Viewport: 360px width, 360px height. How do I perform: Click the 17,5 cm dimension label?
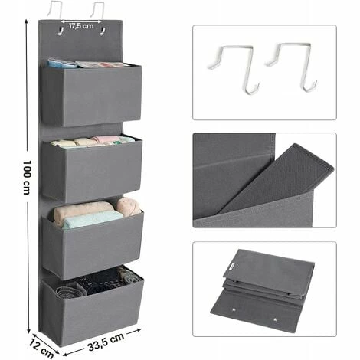[x=81, y=26]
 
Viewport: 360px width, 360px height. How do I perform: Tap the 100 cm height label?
[x=27, y=178]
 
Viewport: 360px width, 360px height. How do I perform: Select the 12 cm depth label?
[x=41, y=348]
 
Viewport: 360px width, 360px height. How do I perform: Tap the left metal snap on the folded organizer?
[x=234, y=310]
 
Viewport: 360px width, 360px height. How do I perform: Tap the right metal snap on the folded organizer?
[x=275, y=319]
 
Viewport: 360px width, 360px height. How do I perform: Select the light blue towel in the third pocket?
[x=93, y=219]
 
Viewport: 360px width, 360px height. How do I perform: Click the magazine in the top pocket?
[x=102, y=64]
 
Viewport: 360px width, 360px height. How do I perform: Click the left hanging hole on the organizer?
[x=61, y=31]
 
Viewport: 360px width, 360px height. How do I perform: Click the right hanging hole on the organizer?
[x=103, y=31]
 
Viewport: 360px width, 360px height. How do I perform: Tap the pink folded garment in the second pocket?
[x=106, y=139]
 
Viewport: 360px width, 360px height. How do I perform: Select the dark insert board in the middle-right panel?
[x=277, y=178]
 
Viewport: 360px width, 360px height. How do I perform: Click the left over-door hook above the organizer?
[x=55, y=10]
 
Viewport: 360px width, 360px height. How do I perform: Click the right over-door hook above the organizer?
[x=97, y=11]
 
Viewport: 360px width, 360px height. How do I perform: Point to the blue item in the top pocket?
[x=62, y=64]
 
